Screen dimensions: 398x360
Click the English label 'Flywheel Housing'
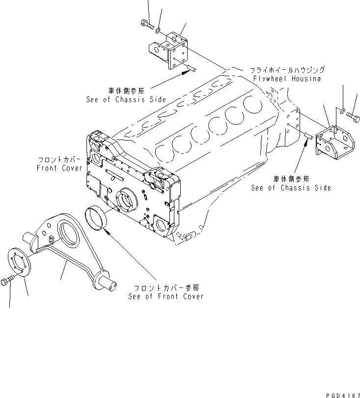(x=287, y=79)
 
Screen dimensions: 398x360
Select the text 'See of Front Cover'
(x=166, y=296)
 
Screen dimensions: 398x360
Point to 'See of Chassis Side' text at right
(x=291, y=188)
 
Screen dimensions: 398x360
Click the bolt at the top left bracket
(x=146, y=23)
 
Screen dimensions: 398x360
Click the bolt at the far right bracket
(x=353, y=116)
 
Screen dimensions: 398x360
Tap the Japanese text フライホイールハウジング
(x=287, y=70)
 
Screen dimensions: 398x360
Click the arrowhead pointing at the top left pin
(x=186, y=72)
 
